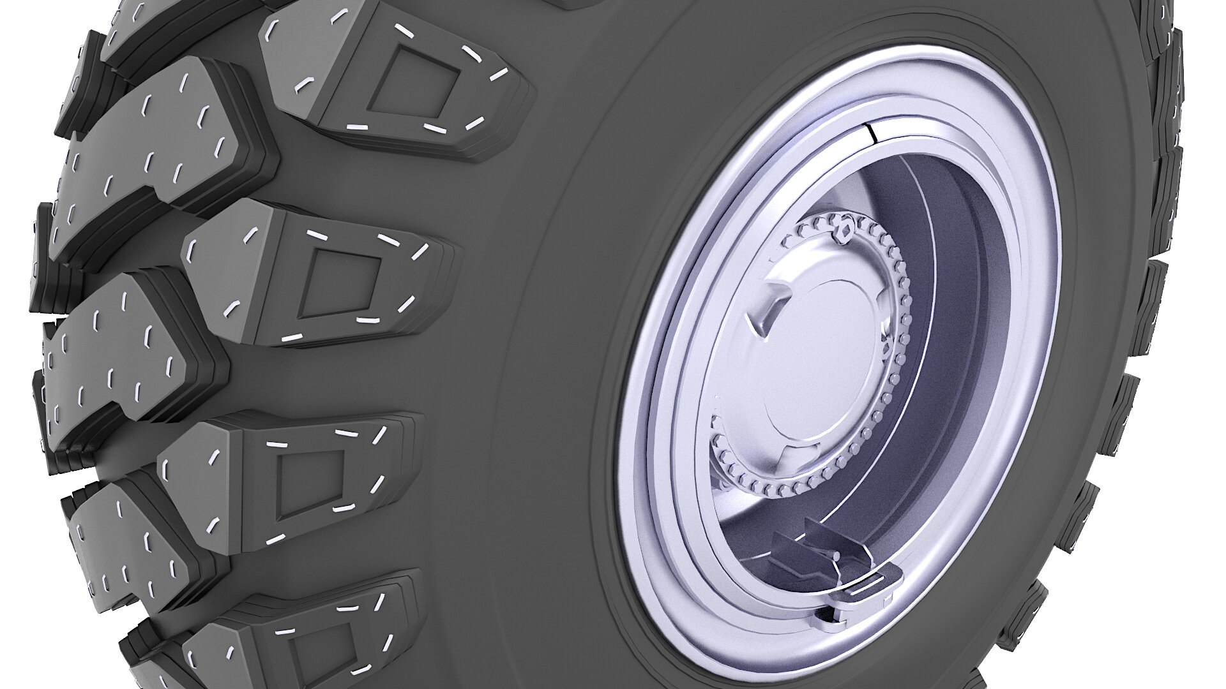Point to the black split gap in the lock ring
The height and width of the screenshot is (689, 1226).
[871, 133]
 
